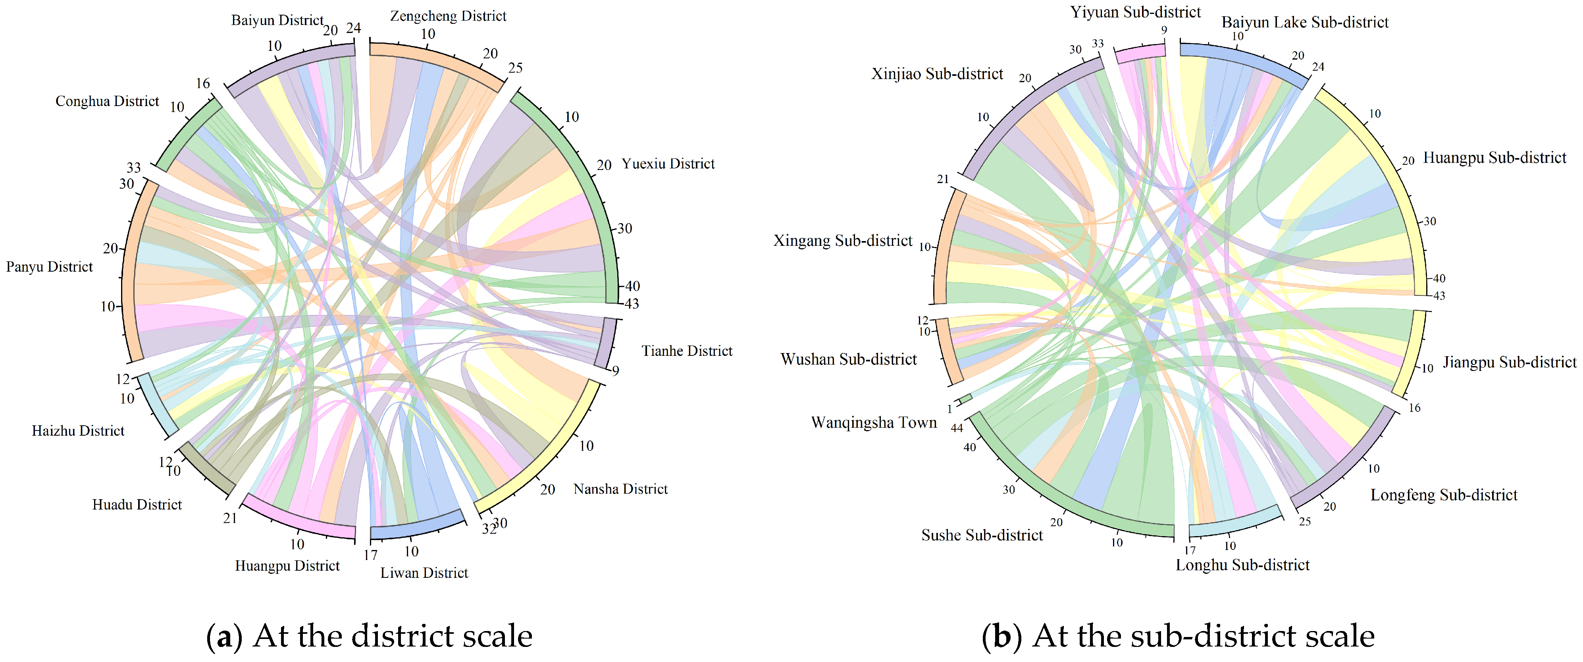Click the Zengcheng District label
[x=448, y=16]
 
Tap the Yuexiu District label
[x=668, y=164]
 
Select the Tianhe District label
[x=687, y=351]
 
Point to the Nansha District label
[x=620, y=489]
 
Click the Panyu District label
[x=49, y=267]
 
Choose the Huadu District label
[x=137, y=505]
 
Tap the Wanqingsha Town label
[x=874, y=423]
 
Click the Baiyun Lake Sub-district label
[x=1305, y=23]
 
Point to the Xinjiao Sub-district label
[x=937, y=74]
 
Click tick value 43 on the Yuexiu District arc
[x=632, y=304]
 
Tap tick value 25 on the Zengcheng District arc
[x=515, y=68]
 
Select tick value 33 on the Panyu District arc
[x=133, y=168]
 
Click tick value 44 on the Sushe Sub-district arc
[x=957, y=428]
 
